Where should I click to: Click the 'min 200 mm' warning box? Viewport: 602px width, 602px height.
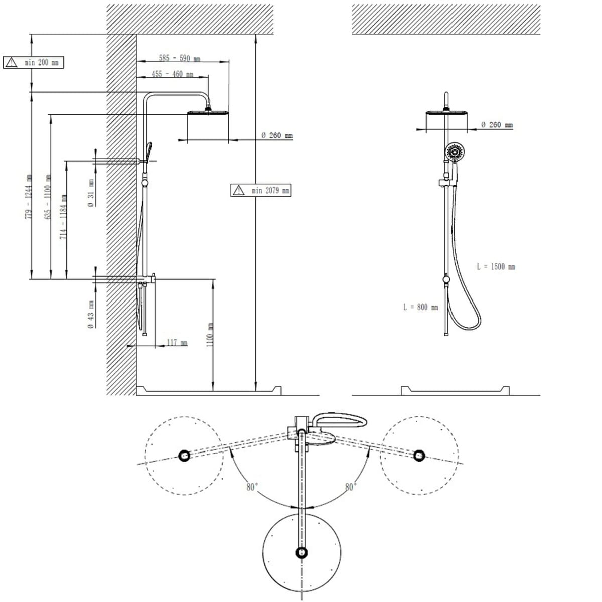tap(34, 63)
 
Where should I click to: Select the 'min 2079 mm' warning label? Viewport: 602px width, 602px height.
tap(261, 190)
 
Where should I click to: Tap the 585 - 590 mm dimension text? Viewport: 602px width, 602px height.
tap(180, 58)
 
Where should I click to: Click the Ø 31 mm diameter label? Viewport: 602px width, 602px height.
tap(91, 193)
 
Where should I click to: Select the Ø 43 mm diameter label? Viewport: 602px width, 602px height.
tap(91, 314)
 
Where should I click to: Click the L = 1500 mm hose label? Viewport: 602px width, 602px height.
tap(496, 267)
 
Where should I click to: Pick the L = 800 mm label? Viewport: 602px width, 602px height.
tap(420, 307)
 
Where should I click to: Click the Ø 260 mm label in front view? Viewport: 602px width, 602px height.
tap(497, 125)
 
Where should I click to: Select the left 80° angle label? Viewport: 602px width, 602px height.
tap(252, 487)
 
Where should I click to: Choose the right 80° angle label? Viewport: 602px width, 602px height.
tap(350, 487)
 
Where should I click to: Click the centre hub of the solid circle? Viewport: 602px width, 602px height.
tap(302, 553)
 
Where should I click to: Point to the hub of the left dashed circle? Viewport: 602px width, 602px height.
tap(184, 456)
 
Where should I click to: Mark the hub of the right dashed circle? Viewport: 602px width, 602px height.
tap(419, 456)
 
